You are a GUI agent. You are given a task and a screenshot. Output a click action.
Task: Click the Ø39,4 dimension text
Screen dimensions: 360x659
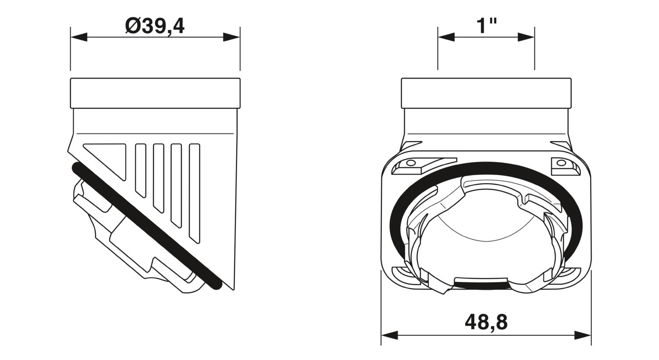[155, 26]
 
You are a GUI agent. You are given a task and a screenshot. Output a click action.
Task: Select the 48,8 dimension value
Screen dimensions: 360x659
[486, 323]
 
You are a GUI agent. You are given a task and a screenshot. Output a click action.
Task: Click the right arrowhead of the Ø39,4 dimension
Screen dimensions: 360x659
[232, 37]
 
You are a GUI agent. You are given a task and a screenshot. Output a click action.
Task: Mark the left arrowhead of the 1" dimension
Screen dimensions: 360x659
[445, 37]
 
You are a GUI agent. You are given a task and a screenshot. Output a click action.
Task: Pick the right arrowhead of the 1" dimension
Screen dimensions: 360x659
[526, 37]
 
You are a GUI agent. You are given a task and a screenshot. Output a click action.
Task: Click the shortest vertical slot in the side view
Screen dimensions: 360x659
[141, 169]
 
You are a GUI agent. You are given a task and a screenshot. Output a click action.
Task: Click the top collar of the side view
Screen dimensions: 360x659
[155, 93]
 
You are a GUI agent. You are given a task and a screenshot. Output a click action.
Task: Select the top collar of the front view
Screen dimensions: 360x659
[486, 93]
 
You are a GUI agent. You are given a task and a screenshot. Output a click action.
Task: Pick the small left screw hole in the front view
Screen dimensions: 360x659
[411, 163]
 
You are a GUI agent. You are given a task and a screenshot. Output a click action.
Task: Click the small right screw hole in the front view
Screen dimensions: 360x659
[561, 163]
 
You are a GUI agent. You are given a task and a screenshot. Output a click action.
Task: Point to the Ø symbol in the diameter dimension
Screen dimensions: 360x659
[132, 26]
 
